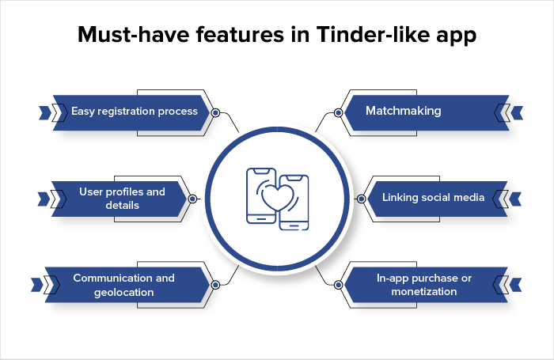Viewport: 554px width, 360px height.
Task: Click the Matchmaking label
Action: [403, 112]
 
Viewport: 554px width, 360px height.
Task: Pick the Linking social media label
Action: [433, 197]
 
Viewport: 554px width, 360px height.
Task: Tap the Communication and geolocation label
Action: [123, 285]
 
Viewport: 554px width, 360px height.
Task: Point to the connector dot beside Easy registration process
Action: [215, 112]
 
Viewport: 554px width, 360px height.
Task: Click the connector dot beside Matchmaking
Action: [338, 112]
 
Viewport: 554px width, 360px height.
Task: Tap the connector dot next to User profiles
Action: [192, 198]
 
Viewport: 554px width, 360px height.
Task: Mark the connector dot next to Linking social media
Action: [361, 198]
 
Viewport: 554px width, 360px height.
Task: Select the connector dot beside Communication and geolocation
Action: [215, 284]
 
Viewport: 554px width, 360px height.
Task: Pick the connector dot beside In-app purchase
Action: [338, 284]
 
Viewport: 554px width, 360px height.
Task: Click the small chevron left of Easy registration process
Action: [43, 112]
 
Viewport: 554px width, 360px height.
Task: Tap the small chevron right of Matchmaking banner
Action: [517, 112]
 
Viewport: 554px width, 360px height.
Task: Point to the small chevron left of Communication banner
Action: [36, 284]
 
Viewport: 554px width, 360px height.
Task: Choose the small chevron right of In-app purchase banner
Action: [517, 284]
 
